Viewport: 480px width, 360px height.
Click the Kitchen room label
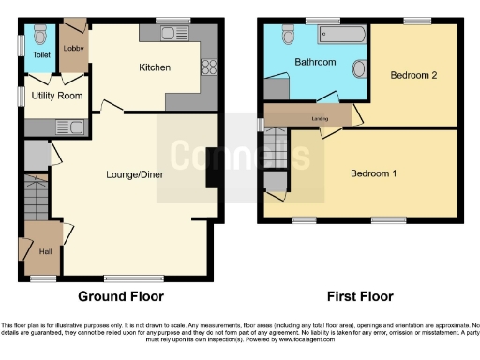(154, 67)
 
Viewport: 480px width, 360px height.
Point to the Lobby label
(73, 47)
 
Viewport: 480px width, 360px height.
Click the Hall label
(44, 252)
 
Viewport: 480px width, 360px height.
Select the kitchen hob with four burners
(210, 67)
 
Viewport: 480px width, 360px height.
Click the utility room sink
(69, 127)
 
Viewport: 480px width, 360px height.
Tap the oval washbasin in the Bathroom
(360, 70)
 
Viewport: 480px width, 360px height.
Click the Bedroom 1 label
(373, 173)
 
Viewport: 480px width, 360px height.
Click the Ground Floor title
(120, 296)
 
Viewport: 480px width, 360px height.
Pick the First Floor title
(360, 296)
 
